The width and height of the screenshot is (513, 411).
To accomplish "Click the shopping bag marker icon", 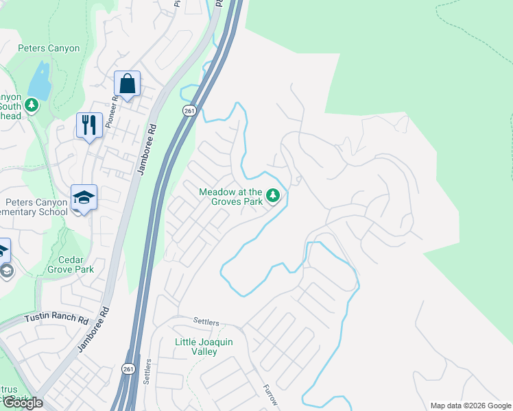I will (127, 84).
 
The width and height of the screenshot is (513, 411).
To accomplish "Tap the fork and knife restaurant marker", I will (89, 125).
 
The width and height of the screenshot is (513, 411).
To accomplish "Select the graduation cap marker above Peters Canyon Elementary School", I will (84, 198).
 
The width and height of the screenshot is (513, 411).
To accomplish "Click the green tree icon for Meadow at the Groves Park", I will (273, 197).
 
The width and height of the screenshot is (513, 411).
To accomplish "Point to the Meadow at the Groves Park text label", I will (231, 197).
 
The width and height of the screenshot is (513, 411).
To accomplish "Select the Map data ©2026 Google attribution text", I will (470, 406).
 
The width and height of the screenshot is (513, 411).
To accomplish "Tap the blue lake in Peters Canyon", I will (42, 81).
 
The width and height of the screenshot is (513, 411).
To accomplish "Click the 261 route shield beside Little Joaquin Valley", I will (129, 369).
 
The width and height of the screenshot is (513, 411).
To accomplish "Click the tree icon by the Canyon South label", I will (31, 105).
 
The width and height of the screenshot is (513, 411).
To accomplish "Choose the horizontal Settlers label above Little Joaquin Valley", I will (205, 322).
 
